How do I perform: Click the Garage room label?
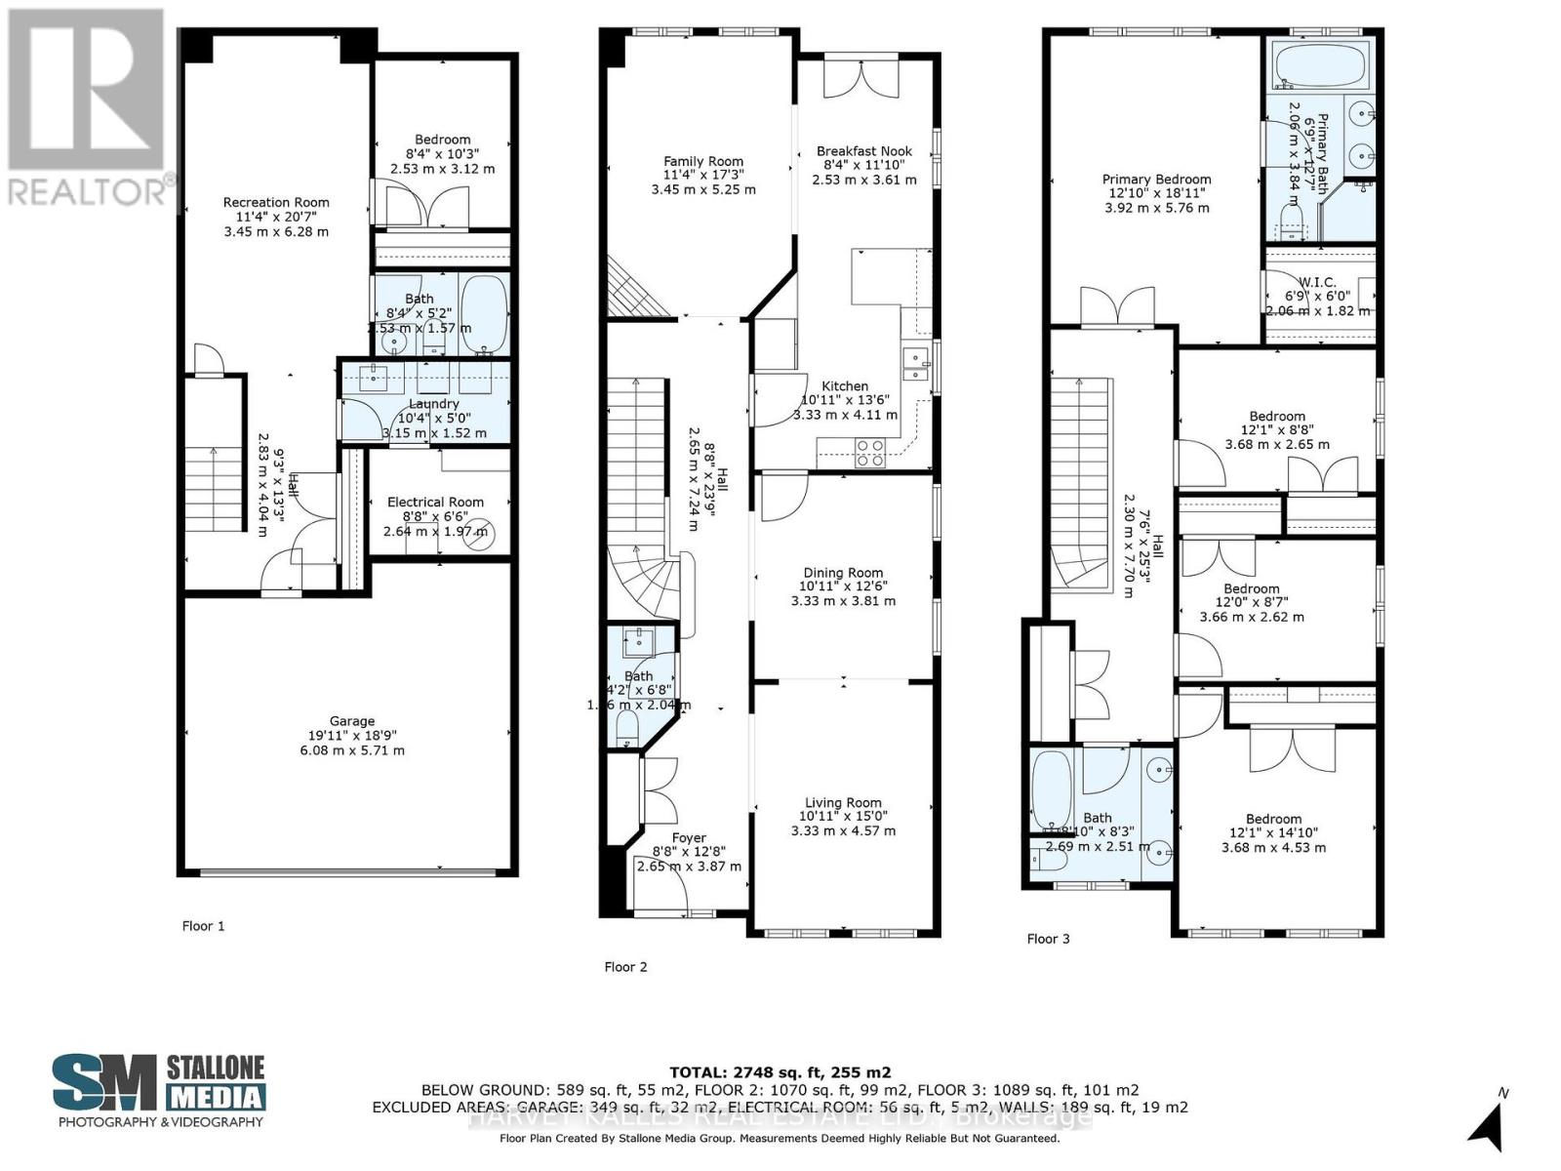click(x=351, y=721)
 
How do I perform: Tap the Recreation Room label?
click(x=276, y=203)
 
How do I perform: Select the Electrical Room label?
click(x=435, y=502)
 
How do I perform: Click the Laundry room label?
click(x=434, y=404)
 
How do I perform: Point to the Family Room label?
click(x=703, y=162)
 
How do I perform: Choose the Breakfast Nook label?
click(x=864, y=151)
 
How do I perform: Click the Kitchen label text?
click(x=845, y=386)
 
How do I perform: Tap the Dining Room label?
click(x=843, y=573)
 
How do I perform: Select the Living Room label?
click(x=843, y=802)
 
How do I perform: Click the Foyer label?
click(x=689, y=837)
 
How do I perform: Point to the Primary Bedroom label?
click(x=1156, y=180)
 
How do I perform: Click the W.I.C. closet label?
click(x=1318, y=282)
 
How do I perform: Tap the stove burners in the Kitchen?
click(x=870, y=452)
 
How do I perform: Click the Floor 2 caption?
click(x=625, y=967)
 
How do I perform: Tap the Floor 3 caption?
click(x=1048, y=939)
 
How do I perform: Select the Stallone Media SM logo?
click(x=104, y=1084)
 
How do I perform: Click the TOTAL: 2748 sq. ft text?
click(x=780, y=1071)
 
